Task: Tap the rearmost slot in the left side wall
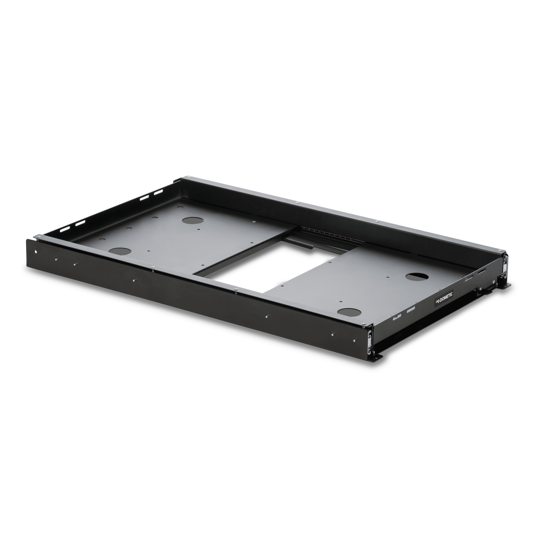tap(157, 193)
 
